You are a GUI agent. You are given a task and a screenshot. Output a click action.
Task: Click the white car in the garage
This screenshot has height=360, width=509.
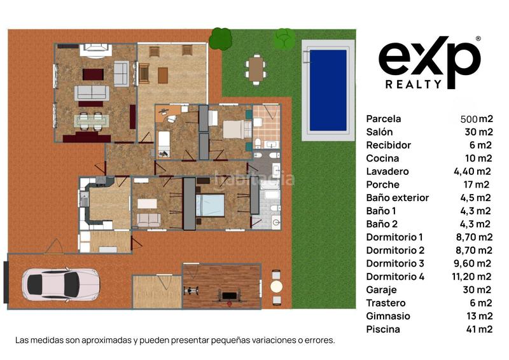click(x=60, y=284)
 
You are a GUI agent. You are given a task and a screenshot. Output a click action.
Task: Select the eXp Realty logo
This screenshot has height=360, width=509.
click(x=429, y=62)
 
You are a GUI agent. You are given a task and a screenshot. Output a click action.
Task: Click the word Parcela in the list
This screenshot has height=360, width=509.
click(x=384, y=118)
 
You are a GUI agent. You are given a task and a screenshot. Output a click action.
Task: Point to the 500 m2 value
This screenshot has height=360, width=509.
click(x=477, y=119)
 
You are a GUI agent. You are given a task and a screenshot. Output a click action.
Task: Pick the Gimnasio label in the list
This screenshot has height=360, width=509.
click(x=388, y=316)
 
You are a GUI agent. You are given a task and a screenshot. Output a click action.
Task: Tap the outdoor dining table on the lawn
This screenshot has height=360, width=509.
click(x=256, y=69)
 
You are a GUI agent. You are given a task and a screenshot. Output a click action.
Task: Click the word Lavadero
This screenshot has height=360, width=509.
click(x=387, y=171)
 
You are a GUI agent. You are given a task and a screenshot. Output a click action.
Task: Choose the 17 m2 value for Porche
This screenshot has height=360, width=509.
click(x=479, y=184)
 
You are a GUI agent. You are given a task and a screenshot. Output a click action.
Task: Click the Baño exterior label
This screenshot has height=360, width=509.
click(x=398, y=198)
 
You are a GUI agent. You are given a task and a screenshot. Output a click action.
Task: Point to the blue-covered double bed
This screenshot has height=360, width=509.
click(x=211, y=205)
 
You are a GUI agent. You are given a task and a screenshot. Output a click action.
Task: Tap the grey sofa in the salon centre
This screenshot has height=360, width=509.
click(x=92, y=93)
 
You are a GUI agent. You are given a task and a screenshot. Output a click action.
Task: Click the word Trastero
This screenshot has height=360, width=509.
click(x=386, y=303)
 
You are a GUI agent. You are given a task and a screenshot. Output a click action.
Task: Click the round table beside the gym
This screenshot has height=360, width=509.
click(x=276, y=286)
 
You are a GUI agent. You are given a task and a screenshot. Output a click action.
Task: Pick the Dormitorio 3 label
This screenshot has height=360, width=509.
click(x=395, y=263)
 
